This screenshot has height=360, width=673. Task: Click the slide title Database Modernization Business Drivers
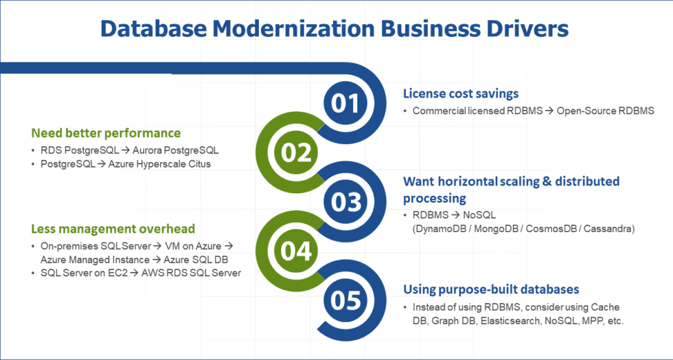(334, 28)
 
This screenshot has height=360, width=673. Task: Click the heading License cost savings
(461, 93)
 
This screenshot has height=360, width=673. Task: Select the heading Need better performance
(106, 133)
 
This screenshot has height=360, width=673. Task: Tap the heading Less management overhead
(113, 228)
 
